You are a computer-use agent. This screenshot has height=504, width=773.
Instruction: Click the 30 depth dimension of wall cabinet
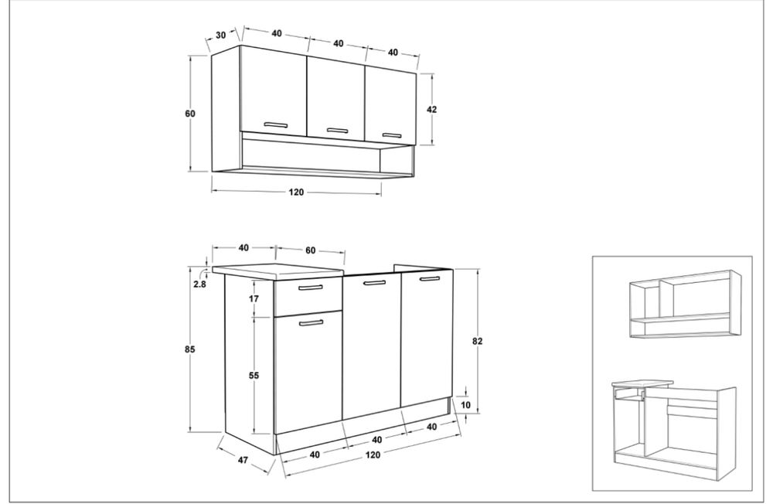[x=221, y=35]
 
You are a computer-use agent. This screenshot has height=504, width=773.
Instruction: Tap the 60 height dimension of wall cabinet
[x=190, y=114]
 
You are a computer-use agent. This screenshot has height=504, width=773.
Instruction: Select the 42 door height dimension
[x=431, y=110]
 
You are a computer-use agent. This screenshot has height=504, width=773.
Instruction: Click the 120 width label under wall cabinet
[x=296, y=192]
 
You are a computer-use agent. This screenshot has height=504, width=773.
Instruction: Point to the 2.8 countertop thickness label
[x=199, y=284]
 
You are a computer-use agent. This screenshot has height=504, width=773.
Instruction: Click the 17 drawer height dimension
[x=254, y=298]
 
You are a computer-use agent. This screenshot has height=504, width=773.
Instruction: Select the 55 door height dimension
[x=254, y=376]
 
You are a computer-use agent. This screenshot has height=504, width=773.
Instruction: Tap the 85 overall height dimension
[x=190, y=349]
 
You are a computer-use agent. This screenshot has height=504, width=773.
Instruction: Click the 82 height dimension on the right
[x=477, y=341]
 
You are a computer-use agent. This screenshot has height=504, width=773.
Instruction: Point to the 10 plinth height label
[x=466, y=405]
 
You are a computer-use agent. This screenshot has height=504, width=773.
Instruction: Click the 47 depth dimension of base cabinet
[x=243, y=460]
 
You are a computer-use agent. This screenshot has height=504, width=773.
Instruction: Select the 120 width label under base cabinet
[x=373, y=455]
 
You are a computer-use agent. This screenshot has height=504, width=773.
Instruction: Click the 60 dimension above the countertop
[x=310, y=250]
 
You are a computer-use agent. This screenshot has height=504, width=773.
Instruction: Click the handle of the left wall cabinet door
[x=275, y=124]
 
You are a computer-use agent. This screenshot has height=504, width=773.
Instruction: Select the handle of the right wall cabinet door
[x=393, y=135]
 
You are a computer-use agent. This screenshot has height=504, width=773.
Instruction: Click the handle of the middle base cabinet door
[x=373, y=283]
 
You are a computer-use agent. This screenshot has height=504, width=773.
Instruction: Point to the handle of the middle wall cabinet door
[x=337, y=131]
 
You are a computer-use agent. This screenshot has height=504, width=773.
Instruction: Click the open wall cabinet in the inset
[x=685, y=304]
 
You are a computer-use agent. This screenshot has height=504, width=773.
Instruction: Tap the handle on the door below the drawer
[x=311, y=323]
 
